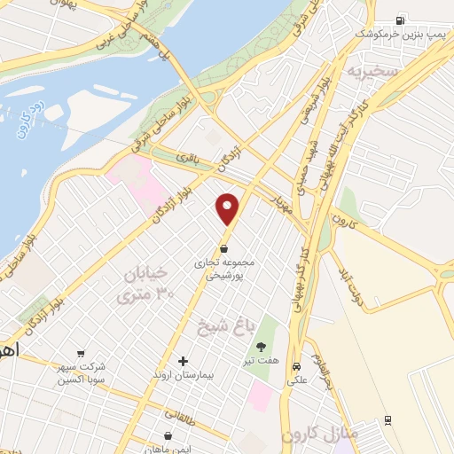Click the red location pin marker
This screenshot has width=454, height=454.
tap(229, 209)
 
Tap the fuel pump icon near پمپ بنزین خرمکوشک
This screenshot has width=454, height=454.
tap(402, 20)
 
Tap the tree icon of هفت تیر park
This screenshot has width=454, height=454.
tap(261, 347)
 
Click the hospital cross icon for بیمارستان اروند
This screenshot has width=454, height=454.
tap(183, 361)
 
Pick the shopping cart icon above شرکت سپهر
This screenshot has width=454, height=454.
tap(82, 352)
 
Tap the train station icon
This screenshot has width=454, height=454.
tap(387, 420)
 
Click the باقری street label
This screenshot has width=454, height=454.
tap(188, 158)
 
